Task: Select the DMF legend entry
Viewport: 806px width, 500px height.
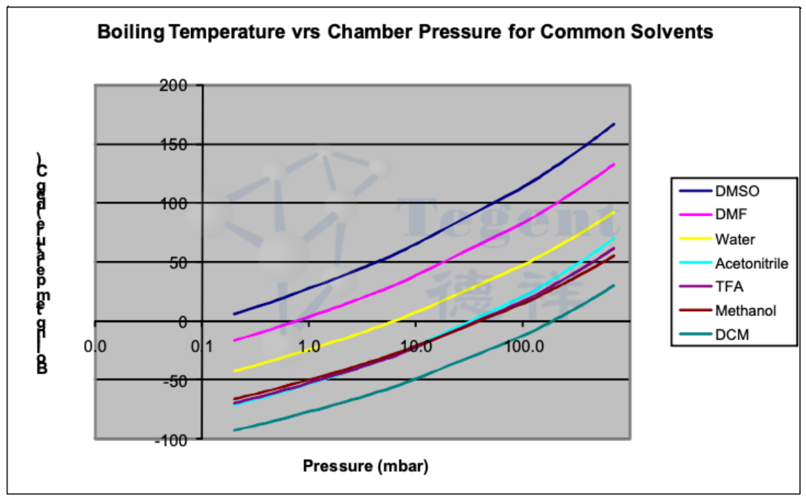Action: tap(730, 215)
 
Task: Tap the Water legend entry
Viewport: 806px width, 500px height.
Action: tap(734, 239)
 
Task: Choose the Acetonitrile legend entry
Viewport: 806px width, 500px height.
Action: tap(751, 263)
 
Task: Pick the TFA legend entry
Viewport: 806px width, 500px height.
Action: tap(729, 287)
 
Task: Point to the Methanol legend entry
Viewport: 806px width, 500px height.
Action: tap(745, 310)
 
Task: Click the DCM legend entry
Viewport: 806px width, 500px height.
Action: tap(730, 335)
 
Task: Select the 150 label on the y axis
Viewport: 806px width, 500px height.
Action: tap(176, 144)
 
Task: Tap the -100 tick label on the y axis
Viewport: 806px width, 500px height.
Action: tap(172, 440)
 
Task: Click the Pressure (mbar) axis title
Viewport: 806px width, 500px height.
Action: tap(365, 466)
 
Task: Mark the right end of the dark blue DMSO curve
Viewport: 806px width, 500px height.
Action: tap(614, 124)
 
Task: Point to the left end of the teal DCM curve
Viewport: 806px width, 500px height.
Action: tap(234, 431)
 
